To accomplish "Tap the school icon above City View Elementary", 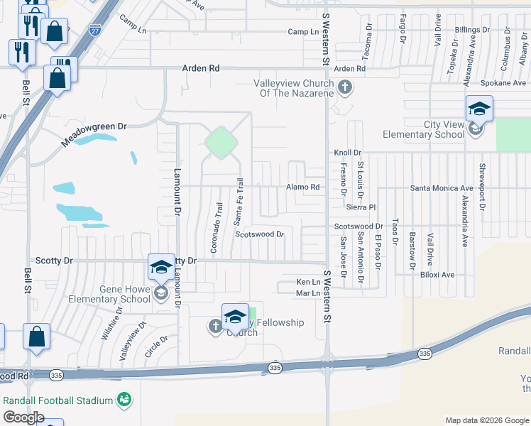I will [479, 109].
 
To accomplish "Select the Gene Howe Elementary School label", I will [109, 294].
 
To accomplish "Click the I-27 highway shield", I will [94, 50].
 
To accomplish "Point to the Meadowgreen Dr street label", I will [93, 133].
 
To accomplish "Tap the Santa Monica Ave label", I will [437, 187].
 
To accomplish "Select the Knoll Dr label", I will [348, 153].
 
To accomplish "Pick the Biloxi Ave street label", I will [437, 275].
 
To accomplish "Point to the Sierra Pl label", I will [360, 207].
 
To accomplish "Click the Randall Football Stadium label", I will [58, 400].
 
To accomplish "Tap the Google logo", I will [23, 417].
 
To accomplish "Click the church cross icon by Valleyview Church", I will [345, 88].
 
